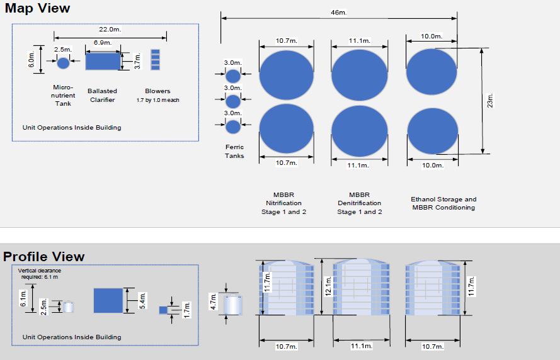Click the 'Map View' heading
click(x=38, y=8)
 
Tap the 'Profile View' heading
click(x=43, y=257)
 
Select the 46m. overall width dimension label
click(x=338, y=13)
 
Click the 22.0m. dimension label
click(x=110, y=29)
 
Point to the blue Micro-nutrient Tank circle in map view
click(x=63, y=63)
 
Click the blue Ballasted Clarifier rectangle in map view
click(x=103, y=61)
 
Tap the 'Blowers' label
click(x=157, y=91)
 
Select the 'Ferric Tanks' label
click(x=234, y=151)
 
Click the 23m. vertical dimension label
click(x=490, y=101)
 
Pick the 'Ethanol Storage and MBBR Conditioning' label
click(x=443, y=203)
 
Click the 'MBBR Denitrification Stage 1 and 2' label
click(x=359, y=203)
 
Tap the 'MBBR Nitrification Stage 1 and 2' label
click(x=283, y=203)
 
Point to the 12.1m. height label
click(x=328, y=286)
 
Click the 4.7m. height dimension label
click(x=213, y=301)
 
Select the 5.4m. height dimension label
click(x=142, y=301)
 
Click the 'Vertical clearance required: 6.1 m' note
click(x=39, y=274)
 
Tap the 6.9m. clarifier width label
click(x=103, y=42)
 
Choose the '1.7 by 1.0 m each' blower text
click(x=157, y=100)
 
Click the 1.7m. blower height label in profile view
click(x=186, y=310)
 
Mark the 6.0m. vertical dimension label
click(x=31, y=59)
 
